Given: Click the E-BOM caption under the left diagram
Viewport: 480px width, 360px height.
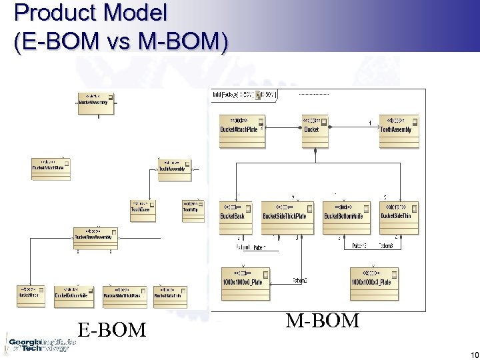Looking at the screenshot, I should (111, 329).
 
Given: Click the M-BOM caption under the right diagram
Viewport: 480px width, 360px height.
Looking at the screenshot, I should (323, 321).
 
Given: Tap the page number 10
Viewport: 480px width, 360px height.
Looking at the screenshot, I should (473, 355).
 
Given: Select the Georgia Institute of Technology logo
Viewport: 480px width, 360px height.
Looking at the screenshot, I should (37, 342).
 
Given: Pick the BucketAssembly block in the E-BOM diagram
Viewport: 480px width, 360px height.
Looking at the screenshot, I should (96, 100).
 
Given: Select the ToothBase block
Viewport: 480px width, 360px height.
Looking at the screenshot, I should (142, 207).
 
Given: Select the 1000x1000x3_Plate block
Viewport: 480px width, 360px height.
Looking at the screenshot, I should (373, 277).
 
